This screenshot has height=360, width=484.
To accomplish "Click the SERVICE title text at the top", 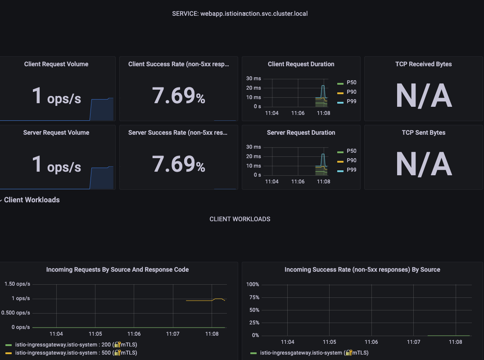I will pos(240,14).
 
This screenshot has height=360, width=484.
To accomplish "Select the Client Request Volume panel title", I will pos(56,64).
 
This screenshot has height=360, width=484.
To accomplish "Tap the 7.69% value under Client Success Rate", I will pos(178,96).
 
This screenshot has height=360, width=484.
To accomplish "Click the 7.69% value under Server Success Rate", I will pos(178,164).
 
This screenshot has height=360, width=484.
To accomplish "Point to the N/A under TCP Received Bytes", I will pos(423,96).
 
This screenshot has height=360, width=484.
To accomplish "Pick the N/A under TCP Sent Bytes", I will pos(423,164).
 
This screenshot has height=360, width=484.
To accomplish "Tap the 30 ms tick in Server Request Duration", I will pos(253,147).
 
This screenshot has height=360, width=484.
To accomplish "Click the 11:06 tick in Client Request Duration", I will pos(298,113).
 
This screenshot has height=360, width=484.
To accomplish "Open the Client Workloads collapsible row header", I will pos(32,200).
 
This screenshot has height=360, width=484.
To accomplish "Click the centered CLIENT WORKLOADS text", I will pos(240,219).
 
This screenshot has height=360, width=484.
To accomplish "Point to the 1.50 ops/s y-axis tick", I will pos(17,284).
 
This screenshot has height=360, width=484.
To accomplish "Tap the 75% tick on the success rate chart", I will pos(253,297).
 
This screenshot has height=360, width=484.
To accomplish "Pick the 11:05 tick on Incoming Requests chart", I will pos(95,334).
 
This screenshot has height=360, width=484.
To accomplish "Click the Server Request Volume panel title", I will pos(56,132).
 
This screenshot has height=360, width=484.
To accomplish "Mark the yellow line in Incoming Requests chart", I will pos(198,301).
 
